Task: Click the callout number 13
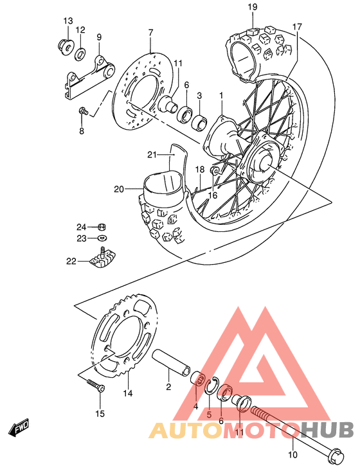tap(68, 21)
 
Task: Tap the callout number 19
tap(252, 7)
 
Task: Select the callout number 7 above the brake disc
tap(150, 32)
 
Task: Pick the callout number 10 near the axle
tap(292, 455)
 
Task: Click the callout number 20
tap(118, 189)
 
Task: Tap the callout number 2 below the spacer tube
tap(168, 387)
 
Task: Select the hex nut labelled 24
tap(102, 227)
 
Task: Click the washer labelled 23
tap(102, 238)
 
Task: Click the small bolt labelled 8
tap(83, 112)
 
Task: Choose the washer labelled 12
tap(82, 52)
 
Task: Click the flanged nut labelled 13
tap(65, 46)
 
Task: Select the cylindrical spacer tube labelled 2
tap(171, 362)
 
